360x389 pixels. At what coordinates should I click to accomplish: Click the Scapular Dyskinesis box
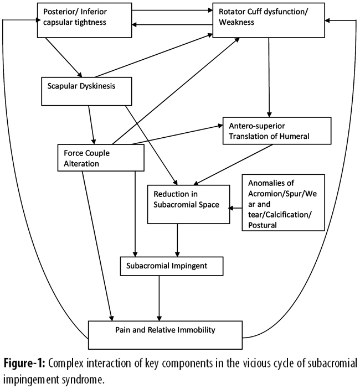pyautogui.click(x=87, y=90)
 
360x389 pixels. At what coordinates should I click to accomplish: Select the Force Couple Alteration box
pyautogui.click(x=100, y=157)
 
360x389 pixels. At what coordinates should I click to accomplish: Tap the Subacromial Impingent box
pyautogui.click(x=172, y=266)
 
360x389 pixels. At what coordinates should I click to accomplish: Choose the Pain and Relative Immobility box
pyautogui.click(x=166, y=331)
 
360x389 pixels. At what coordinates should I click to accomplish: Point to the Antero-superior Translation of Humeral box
pyautogui.click(x=276, y=131)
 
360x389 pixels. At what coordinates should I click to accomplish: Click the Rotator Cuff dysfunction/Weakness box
pyautogui.click(x=268, y=22)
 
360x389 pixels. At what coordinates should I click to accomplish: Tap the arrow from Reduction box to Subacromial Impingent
pyautogui.click(x=177, y=239)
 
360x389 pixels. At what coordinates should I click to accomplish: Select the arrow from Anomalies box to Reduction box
pyautogui.click(x=236, y=208)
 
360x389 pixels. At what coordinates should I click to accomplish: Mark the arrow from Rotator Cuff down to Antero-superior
pyautogui.click(x=269, y=77)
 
